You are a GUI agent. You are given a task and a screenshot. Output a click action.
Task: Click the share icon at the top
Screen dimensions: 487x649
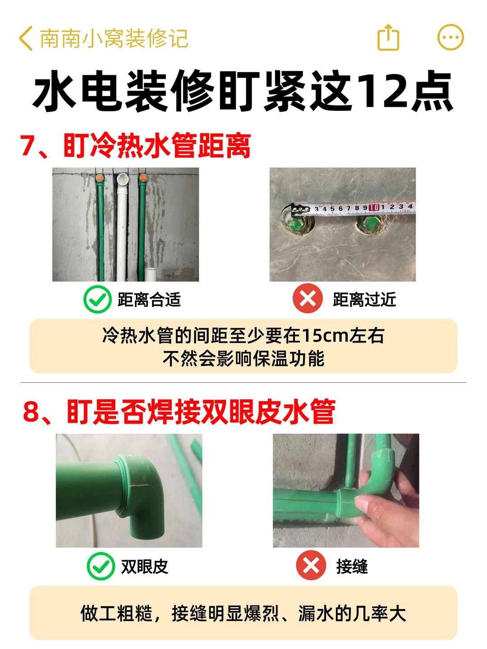[388, 37]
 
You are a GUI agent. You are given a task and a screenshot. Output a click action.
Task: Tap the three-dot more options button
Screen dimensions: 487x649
[450, 37]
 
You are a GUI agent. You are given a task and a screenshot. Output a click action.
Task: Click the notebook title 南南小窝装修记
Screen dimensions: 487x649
[114, 38]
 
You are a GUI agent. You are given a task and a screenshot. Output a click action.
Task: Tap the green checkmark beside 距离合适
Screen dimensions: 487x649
[97, 299]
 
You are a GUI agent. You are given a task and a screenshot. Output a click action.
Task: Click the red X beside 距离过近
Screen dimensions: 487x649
[308, 298]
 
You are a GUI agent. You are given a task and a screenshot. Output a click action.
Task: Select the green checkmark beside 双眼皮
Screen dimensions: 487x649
[101, 566]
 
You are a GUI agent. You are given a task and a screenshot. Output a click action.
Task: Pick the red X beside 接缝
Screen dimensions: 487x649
[311, 565]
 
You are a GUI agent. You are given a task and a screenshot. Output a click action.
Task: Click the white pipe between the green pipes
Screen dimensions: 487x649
[122, 227]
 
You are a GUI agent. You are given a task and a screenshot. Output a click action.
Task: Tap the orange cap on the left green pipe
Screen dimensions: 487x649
[100, 178]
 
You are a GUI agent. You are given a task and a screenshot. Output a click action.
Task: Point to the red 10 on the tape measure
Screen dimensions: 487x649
[374, 208]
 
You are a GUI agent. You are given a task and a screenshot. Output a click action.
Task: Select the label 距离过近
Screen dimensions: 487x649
[364, 299]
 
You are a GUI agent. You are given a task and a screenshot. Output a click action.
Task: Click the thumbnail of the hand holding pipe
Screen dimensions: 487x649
[346, 490]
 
